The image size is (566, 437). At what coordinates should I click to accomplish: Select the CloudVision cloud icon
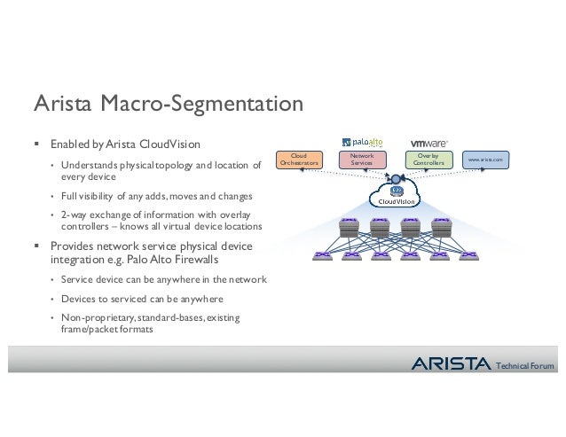coord(397,193)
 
